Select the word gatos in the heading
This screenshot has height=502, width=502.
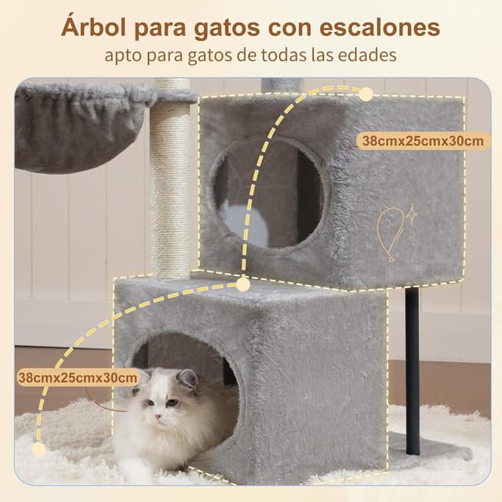[x=216, y=27]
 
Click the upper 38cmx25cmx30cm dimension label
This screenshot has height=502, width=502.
[x=422, y=140]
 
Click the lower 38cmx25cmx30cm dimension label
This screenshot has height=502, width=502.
[x=79, y=377]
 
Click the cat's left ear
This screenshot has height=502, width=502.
[x=187, y=380]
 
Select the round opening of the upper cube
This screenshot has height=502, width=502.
[x=267, y=192]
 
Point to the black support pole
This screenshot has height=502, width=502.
[x=412, y=369]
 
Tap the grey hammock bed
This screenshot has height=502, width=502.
[x=75, y=125]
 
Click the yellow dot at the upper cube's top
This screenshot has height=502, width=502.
[x=366, y=94]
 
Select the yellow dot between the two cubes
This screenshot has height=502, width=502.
[x=243, y=284]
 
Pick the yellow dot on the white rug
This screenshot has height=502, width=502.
[x=38, y=449]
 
